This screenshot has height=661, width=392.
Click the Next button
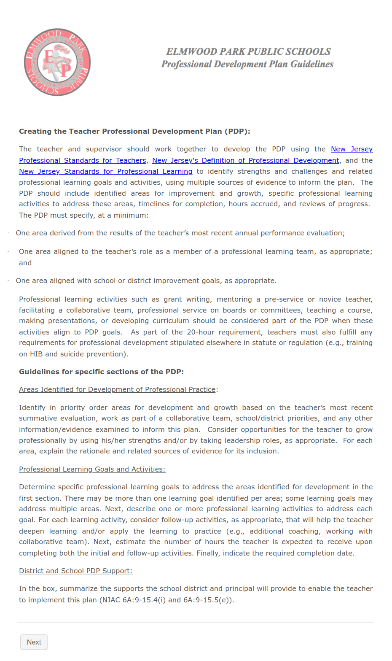point(34,642)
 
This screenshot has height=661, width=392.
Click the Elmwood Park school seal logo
point(57,62)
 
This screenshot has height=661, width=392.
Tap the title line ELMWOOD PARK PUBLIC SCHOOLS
point(248,51)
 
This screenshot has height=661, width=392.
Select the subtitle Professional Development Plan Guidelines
point(247,64)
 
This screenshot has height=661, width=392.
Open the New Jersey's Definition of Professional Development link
point(245,160)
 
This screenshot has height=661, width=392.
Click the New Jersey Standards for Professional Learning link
point(105,171)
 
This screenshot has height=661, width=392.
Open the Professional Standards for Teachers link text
point(83,160)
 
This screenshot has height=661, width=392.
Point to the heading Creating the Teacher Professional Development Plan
point(134,131)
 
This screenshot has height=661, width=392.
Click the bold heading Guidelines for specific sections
point(101,372)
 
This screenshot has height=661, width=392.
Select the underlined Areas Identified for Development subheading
point(117,389)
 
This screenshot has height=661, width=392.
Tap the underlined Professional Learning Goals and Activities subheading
point(92,469)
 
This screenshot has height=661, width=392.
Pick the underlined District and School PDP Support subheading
point(75,571)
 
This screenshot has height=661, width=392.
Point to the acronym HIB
point(36,354)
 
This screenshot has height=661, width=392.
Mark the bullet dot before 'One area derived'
point(8,233)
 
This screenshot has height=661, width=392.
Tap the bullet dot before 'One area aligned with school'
point(8,281)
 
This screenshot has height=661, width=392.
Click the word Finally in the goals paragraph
point(208,553)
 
